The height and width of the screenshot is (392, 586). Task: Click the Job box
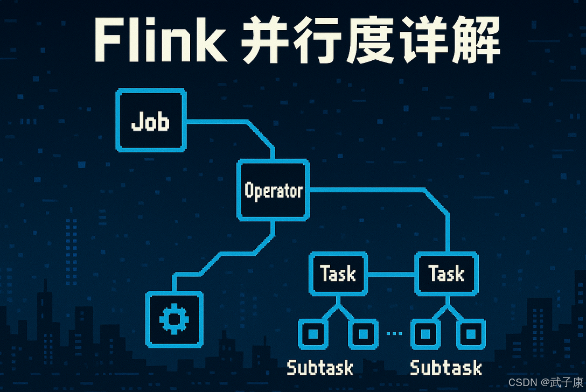(151, 120)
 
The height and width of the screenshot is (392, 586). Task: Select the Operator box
(274, 190)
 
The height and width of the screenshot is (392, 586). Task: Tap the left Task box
(338, 274)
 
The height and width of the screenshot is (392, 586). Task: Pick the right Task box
(447, 274)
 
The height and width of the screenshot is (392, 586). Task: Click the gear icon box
(175, 319)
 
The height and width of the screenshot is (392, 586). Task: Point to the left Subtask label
(320, 368)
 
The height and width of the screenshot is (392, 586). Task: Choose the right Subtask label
(445, 368)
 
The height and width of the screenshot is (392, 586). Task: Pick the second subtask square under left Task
(363, 334)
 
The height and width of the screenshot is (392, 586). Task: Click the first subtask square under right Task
(425, 334)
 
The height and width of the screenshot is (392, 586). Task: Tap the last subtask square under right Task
(471, 334)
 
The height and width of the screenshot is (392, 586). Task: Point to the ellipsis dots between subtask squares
(394, 334)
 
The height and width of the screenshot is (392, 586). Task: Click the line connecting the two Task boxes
(392, 274)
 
